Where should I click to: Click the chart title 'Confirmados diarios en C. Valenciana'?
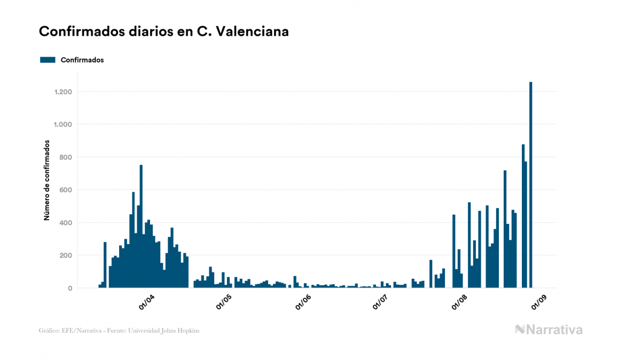pos(164,32)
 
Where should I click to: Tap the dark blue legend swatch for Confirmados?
pos(48,60)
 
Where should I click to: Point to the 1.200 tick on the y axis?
pos(63,92)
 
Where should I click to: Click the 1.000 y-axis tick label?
pos(63,124)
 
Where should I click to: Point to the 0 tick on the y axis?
pos(69,288)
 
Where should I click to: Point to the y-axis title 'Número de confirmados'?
pos(47,181)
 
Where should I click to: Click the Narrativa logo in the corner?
pos(549,330)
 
